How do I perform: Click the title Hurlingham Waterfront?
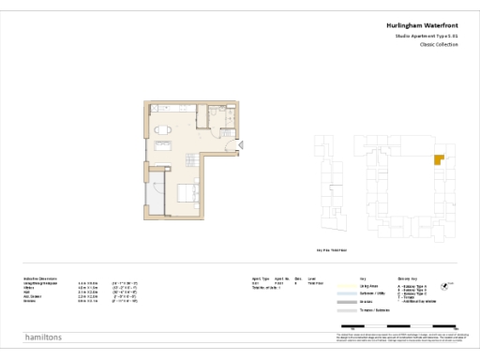422,25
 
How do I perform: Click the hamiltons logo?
42,336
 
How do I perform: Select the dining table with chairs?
162,129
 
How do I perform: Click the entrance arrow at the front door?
241,144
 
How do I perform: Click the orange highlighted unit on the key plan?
438,160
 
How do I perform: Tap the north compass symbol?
453,288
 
